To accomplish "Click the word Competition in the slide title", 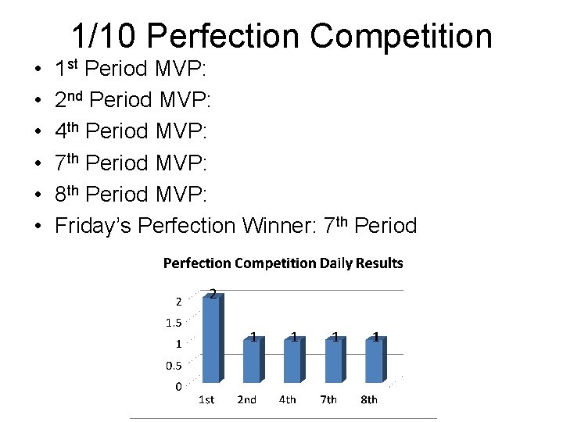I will click(401, 36).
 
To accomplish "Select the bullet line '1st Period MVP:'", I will click(131, 70).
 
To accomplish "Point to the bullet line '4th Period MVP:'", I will click(131, 132).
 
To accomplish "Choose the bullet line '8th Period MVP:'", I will click(131, 195).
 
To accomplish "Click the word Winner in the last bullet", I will click(285, 226).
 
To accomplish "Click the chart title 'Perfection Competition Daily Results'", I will click(283, 263).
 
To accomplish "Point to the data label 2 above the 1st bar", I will click(213, 293).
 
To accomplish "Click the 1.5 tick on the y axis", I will click(173, 322).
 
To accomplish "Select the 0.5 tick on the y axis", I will click(173, 365).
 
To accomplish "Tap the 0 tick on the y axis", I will click(178, 386).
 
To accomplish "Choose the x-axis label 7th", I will click(328, 400).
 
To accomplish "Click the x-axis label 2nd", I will click(246, 400).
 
